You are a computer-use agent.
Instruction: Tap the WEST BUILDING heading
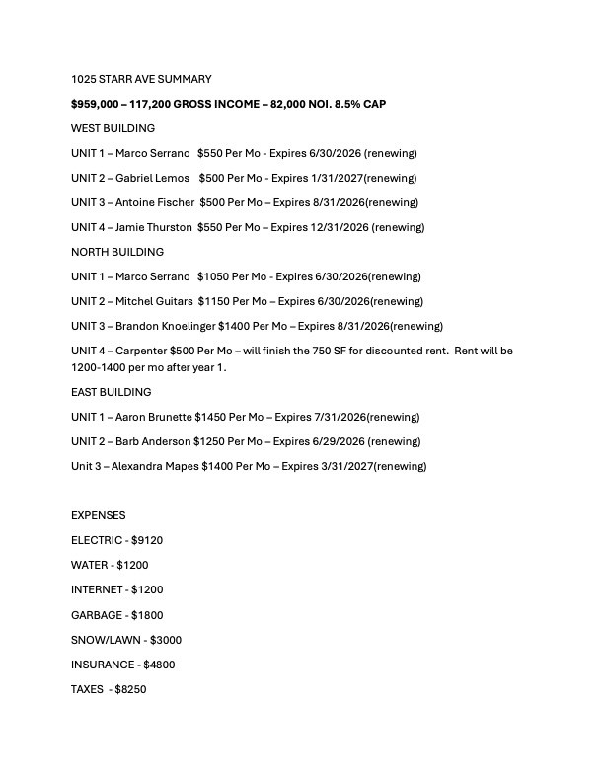pos(113,128)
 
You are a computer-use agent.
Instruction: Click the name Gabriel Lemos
pos(159,178)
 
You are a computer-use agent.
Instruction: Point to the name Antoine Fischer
pos(161,202)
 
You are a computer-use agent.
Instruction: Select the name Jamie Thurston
pos(160,227)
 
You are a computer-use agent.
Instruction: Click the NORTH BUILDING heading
pos(117,252)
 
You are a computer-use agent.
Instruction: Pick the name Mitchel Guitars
pos(158,301)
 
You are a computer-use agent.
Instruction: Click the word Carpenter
pos(141,351)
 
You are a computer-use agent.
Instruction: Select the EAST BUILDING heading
pos(112,392)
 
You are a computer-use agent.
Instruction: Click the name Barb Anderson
pos(154,441)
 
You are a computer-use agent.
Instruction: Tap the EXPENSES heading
pos(99,515)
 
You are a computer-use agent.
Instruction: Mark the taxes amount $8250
pos(130,689)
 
